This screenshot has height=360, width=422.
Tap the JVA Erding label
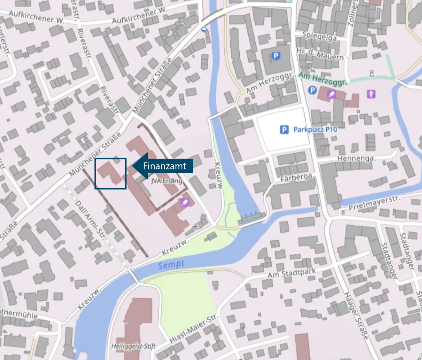166,181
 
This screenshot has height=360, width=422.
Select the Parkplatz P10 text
315,130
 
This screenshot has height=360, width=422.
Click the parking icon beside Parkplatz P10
284,130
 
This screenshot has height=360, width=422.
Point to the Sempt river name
171,264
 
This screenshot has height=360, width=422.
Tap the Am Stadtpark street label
291,273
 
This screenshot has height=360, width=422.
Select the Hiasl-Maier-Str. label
194,329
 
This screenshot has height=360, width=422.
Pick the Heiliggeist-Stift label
133,346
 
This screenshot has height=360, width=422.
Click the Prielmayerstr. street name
374,203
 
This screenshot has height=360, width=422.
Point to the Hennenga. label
356,159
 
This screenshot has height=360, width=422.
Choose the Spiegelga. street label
320,36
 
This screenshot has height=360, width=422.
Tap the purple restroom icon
371,94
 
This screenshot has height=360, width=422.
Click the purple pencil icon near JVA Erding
185,202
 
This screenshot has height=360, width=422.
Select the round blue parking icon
312,90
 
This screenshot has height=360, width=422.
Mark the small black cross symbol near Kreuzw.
195,226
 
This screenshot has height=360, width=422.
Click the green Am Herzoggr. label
322,79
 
